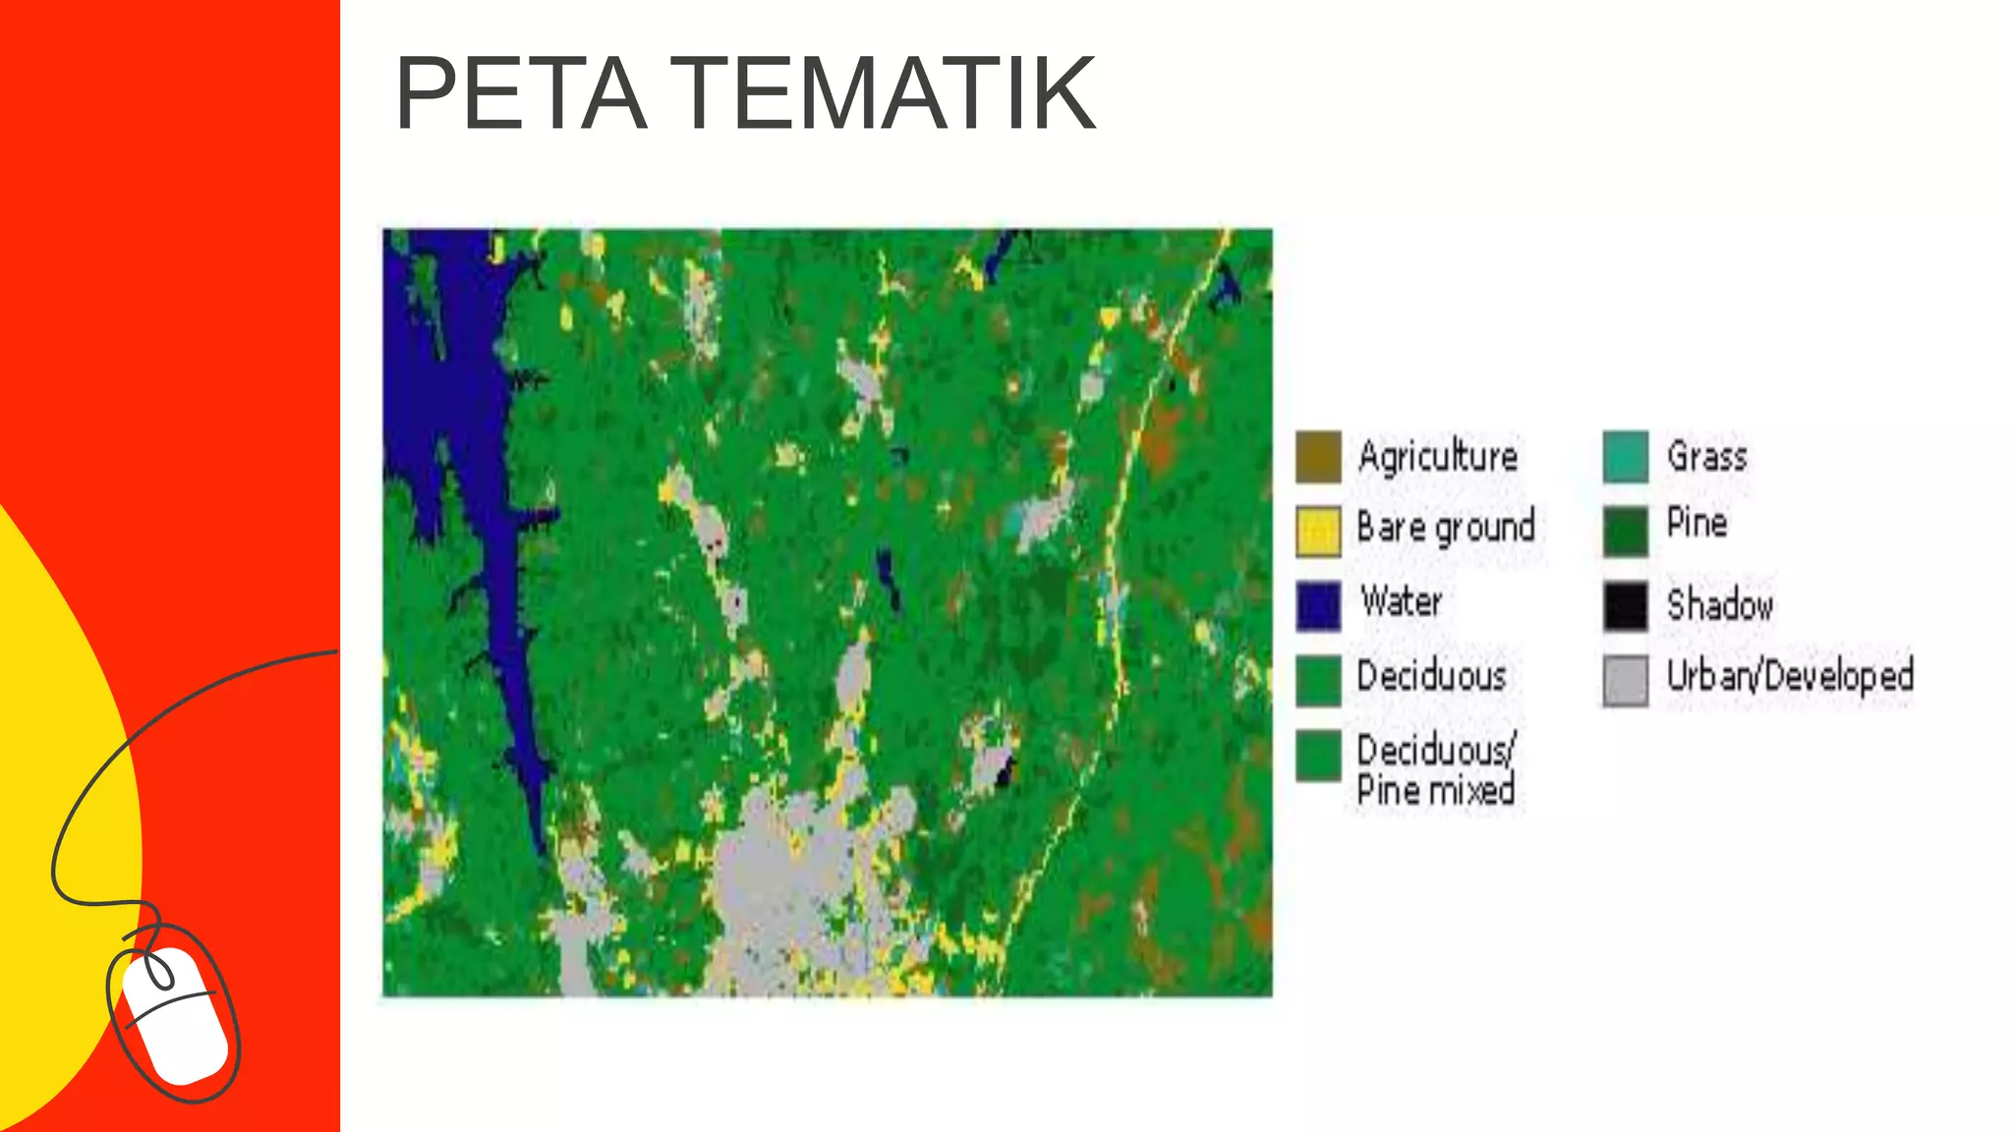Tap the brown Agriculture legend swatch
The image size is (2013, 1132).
pos(1318,457)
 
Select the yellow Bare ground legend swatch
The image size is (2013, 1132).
pos(1318,531)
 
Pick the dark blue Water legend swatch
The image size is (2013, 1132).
pos(1318,604)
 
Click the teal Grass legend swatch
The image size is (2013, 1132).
pos(1626,457)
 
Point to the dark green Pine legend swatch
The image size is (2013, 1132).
pos(1626,531)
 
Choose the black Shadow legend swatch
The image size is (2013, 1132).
pos(1626,605)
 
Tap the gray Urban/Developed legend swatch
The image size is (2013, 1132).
pos(1626,680)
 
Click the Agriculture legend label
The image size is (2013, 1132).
pos(1438,457)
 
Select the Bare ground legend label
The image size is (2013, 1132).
pos(1446,529)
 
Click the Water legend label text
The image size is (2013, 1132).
pos(1402,601)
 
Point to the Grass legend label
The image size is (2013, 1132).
pos(1707,457)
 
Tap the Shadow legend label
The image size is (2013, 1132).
pos(1720,605)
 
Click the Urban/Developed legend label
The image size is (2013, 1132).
pos(1790,676)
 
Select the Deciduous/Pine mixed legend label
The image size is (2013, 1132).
pos(1436,769)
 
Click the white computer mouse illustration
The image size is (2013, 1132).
pos(175,1014)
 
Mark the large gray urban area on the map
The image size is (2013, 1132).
pos(776,884)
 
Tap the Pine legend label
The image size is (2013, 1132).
pos(1697,523)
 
